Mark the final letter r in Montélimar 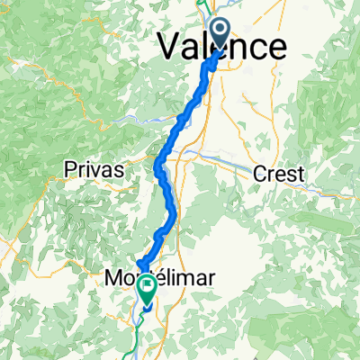pos(211,280)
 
